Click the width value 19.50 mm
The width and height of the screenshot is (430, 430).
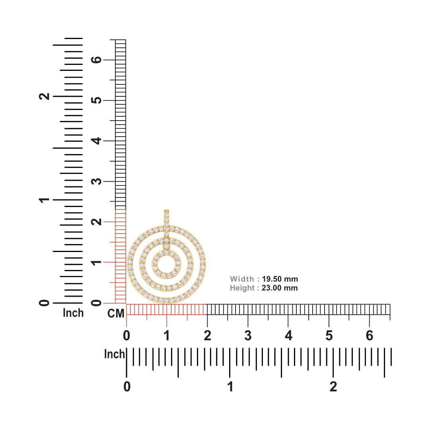click(280, 279)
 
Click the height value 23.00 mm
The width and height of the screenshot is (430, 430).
click(280, 288)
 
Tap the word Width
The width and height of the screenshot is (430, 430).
click(242, 279)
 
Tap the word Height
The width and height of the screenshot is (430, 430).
click(242, 288)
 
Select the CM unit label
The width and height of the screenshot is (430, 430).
click(116, 313)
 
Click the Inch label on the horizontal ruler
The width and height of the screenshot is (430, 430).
click(114, 354)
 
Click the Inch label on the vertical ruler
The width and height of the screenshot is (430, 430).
click(73, 313)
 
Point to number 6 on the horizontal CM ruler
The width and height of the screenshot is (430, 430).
click(370, 336)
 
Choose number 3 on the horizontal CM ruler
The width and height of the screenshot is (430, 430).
click(248, 336)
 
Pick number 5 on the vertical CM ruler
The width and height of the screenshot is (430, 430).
click(96, 100)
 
